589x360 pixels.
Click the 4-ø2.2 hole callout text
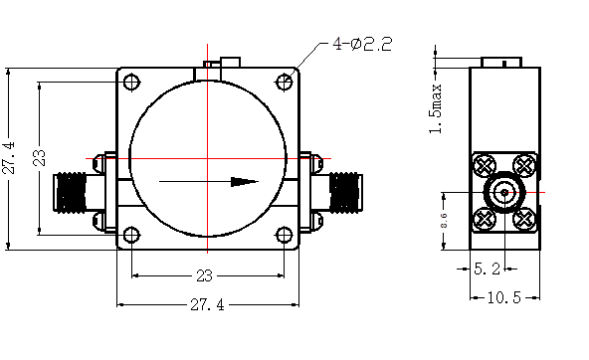click(362, 44)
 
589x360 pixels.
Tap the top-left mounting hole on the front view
click(131, 82)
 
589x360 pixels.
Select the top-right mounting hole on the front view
click(285, 82)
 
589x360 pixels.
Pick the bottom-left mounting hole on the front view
click(131, 235)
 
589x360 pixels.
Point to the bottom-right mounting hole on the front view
click(285, 235)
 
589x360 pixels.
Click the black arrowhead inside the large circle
click(245, 182)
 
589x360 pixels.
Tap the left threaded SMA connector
click(71, 192)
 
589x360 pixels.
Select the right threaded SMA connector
click(345, 192)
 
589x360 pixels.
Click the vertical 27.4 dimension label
click(9, 158)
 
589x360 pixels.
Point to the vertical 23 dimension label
click(39, 158)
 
